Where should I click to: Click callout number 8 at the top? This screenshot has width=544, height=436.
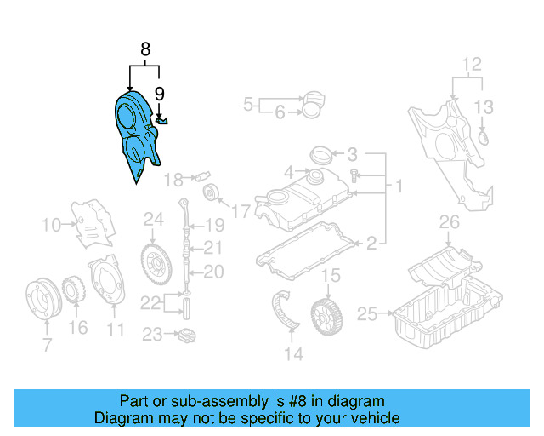[x=145, y=49]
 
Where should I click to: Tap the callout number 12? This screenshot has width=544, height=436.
[x=472, y=64]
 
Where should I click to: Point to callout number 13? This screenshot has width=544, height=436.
[x=483, y=106]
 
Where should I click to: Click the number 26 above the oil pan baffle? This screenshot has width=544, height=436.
[x=449, y=224]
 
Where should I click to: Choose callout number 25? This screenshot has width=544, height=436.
[x=366, y=314]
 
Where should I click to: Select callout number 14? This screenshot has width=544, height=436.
[x=293, y=354]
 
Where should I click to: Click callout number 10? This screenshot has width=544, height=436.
[x=52, y=225]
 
